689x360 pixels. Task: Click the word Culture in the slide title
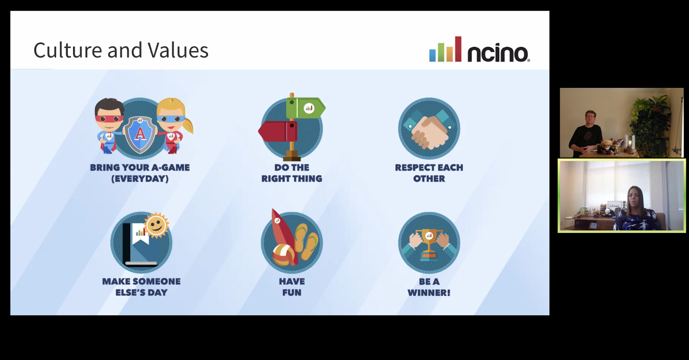click(x=68, y=50)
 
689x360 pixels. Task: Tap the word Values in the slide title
click(x=178, y=50)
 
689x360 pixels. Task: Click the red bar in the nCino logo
click(x=458, y=49)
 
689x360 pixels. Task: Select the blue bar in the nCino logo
click(x=432, y=56)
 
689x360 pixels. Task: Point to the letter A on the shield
click(x=140, y=134)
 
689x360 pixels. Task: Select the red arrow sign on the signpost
click(x=278, y=131)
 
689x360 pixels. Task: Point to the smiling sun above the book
click(x=157, y=225)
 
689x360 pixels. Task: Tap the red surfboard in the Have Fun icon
click(x=283, y=234)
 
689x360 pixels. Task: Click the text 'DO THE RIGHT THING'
click(x=292, y=173)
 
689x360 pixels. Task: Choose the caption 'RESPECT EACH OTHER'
click(x=429, y=173)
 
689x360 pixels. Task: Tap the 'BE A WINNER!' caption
click(x=429, y=287)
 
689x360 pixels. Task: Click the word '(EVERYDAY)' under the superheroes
click(x=140, y=178)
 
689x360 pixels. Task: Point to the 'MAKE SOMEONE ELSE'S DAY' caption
click(x=141, y=287)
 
